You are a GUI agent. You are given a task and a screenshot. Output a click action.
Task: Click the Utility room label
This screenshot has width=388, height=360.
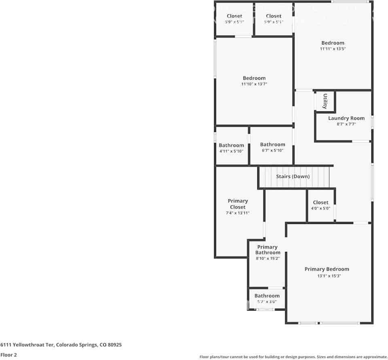click(x=325, y=101)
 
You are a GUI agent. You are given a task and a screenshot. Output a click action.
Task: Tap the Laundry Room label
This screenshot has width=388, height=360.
click(x=346, y=118)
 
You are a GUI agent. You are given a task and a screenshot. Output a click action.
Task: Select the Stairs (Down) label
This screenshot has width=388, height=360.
click(x=293, y=176)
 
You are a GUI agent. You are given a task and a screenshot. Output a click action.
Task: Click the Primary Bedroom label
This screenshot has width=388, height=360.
click(x=327, y=269)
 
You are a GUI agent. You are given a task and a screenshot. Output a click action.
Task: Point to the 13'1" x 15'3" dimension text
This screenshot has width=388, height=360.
click(x=329, y=276)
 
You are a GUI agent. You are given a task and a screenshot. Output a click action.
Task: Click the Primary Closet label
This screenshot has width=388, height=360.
click(x=238, y=204)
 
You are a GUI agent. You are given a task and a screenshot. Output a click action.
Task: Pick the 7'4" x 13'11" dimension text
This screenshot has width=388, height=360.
click(x=237, y=213)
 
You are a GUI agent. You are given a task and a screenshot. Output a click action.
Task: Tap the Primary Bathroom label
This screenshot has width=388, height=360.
click(x=268, y=249)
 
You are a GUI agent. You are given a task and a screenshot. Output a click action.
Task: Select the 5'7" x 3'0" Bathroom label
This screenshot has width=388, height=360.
click(x=267, y=296)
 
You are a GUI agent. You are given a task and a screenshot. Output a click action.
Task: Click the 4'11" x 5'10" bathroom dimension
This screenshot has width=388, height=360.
click(x=231, y=151)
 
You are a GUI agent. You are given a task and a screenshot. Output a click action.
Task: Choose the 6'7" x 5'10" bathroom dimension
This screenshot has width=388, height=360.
click(x=273, y=150)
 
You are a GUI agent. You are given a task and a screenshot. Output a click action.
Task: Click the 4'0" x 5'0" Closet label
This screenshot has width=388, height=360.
click(x=321, y=202)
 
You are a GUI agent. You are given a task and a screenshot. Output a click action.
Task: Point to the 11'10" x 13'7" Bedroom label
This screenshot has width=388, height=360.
click(x=254, y=78)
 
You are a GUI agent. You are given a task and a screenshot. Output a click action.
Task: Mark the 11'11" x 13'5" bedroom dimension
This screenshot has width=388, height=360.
click(x=333, y=49)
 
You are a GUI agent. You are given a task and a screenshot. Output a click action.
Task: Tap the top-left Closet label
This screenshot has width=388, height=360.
click(x=235, y=16)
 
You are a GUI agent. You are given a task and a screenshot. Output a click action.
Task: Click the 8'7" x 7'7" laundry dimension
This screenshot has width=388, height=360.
click(x=346, y=124)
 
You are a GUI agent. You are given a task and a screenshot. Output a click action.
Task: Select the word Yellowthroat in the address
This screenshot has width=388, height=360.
click(x=34, y=345)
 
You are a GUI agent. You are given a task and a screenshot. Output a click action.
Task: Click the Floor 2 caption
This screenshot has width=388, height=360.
click(x=8, y=355)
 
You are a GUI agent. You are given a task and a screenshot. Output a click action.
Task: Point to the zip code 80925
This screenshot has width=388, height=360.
click(x=114, y=345)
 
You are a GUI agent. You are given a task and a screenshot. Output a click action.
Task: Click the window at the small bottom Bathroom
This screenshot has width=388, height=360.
click(x=265, y=309)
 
